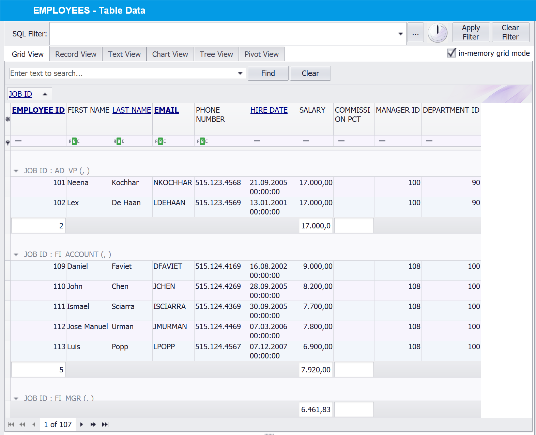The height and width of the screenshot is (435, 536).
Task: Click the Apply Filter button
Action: (471, 32)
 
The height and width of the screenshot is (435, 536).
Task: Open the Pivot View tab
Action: (261, 54)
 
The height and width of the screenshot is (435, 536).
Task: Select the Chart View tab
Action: (170, 54)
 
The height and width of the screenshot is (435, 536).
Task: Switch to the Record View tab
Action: (76, 54)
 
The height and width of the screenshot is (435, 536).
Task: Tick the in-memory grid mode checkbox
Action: (451, 53)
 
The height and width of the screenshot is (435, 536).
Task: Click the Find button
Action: (268, 73)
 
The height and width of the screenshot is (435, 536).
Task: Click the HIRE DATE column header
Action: (269, 110)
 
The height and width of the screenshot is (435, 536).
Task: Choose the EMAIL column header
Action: (166, 110)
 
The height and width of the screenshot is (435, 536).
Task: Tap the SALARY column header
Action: (312, 110)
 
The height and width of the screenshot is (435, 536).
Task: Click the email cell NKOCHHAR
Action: (172, 183)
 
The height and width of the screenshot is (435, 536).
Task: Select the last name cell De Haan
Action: (126, 203)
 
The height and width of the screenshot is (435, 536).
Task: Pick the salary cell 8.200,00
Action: (318, 287)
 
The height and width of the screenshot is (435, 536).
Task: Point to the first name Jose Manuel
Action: (88, 327)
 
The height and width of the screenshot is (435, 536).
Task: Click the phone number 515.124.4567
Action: (218, 347)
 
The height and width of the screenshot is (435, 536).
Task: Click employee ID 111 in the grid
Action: (59, 307)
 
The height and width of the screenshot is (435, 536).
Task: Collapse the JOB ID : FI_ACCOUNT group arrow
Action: (16, 255)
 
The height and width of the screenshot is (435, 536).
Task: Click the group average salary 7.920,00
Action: (316, 370)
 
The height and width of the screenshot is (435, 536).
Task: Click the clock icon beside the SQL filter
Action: (438, 33)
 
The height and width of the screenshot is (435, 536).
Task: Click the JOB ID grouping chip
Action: (20, 94)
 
